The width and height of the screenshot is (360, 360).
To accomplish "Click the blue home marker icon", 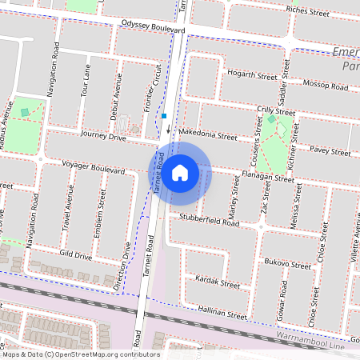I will (x=180, y=172).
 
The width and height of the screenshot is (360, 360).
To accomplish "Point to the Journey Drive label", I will (x=103, y=138).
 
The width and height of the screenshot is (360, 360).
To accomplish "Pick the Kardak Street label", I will (x=218, y=283).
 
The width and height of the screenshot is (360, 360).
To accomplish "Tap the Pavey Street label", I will (x=330, y=150).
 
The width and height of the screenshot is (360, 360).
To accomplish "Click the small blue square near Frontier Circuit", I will (x=163, y=116).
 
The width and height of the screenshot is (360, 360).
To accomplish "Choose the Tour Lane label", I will (x=85, y=80).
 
